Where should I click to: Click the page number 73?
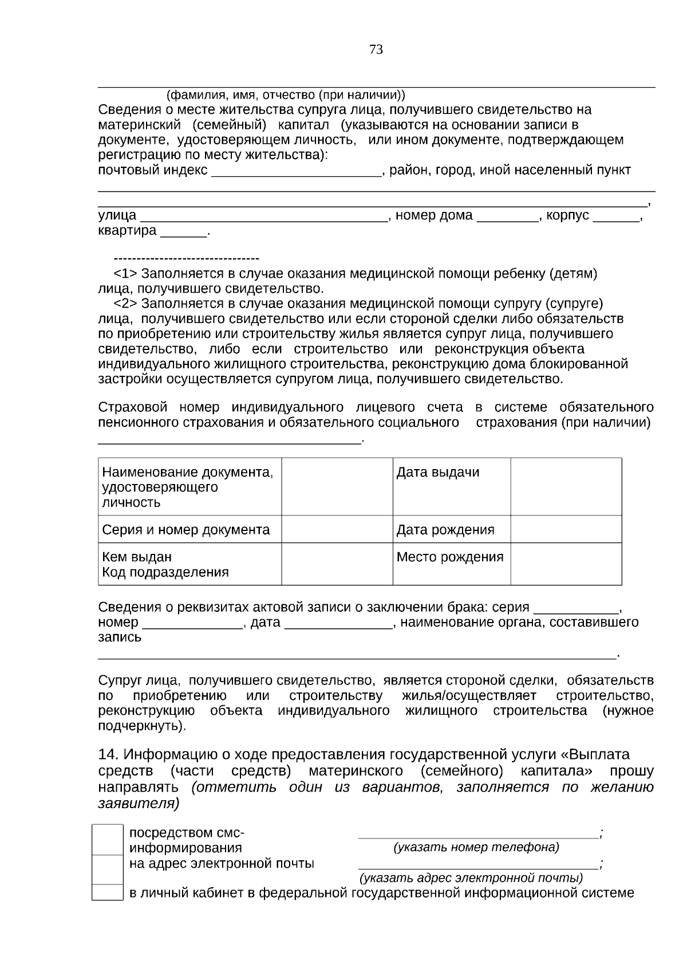point(376,50)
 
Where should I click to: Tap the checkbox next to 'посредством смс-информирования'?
point(108,839)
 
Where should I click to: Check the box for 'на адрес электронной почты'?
point(108,869)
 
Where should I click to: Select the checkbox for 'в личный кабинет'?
point(108,892)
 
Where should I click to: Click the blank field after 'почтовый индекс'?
point(296,171)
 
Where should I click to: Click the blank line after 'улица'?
point(264,217)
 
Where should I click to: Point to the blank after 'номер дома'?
point(507,217)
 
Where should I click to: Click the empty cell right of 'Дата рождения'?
point(566,529)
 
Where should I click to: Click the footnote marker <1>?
point(125,273)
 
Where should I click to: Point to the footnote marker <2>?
point(125,303)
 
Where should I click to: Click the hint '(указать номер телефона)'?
point(476,847)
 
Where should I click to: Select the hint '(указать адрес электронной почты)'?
point(471,877)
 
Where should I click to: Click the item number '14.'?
point(108,754)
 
